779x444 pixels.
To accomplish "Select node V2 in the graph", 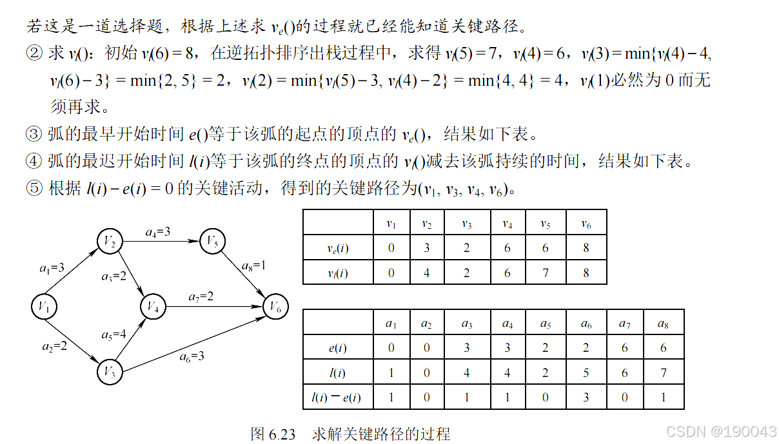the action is point(110,241).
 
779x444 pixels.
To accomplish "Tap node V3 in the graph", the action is point(110,372).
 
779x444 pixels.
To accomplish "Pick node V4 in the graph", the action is point(153,306).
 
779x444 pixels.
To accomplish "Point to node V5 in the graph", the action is point(212,241).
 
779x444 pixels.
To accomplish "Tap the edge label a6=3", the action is point(192,355).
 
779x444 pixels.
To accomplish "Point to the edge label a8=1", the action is point(253,265).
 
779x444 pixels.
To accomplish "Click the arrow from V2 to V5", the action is point(161,241).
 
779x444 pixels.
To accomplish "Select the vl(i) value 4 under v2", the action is point(427,272).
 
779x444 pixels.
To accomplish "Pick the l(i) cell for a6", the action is point(586,372).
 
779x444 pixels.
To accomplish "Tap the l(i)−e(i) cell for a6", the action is point(586,397).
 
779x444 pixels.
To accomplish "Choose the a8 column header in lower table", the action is point(663,323).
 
